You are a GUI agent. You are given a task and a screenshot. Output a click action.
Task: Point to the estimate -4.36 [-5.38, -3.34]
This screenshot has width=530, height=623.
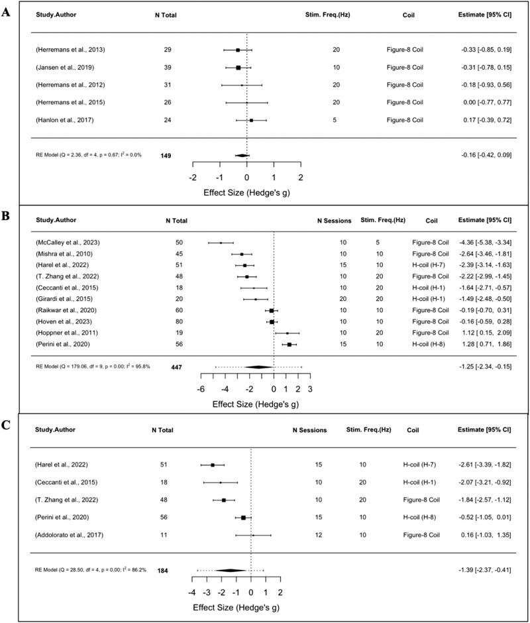(x=484, y=243)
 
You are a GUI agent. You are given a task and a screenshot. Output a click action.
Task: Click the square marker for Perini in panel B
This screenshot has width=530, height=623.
(x=290, y=345)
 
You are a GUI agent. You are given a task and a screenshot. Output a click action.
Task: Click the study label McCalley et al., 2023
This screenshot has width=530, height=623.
(x=66, y=243)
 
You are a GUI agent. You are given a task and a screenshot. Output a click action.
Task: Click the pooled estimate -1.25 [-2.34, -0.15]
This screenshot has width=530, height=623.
(x=484, y=367)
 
